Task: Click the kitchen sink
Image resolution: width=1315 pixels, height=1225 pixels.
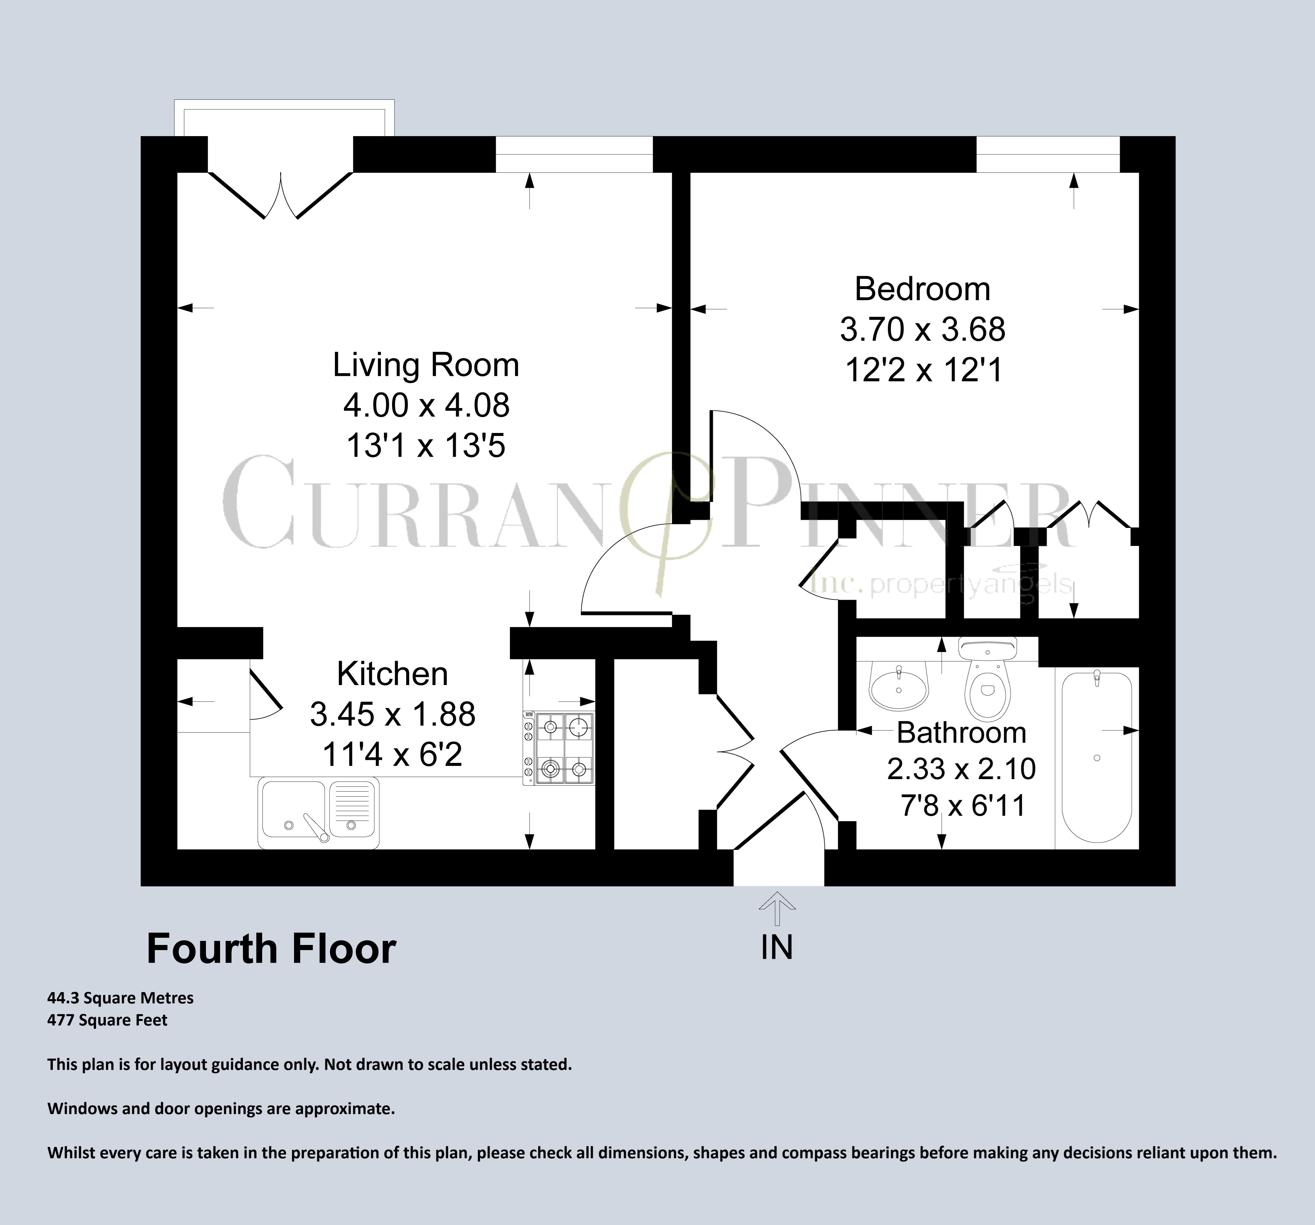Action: click(x=318, y=812)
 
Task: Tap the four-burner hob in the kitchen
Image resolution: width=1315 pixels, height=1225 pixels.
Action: click(x=559, y=748)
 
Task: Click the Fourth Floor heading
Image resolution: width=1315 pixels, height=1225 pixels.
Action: click(x=271, y=949)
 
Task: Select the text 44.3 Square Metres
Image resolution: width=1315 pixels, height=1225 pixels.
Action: click(x=120, y=998)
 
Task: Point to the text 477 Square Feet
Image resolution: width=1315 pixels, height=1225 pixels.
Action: click(x=107, y=1020)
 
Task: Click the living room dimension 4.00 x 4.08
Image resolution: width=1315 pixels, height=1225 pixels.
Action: click(x=426, y=405)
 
